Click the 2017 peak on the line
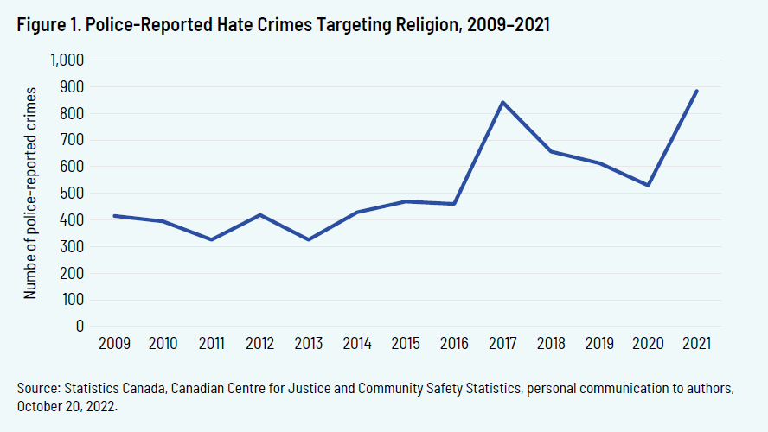502,102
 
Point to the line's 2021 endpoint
696,91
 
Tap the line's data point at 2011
211,239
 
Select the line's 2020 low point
648,185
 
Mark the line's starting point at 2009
114,215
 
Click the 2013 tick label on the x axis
308,344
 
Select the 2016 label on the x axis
453,344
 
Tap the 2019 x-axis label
598,344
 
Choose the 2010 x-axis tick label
163,344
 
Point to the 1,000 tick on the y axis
67,60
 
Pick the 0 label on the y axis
79,327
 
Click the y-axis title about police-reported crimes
31,192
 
